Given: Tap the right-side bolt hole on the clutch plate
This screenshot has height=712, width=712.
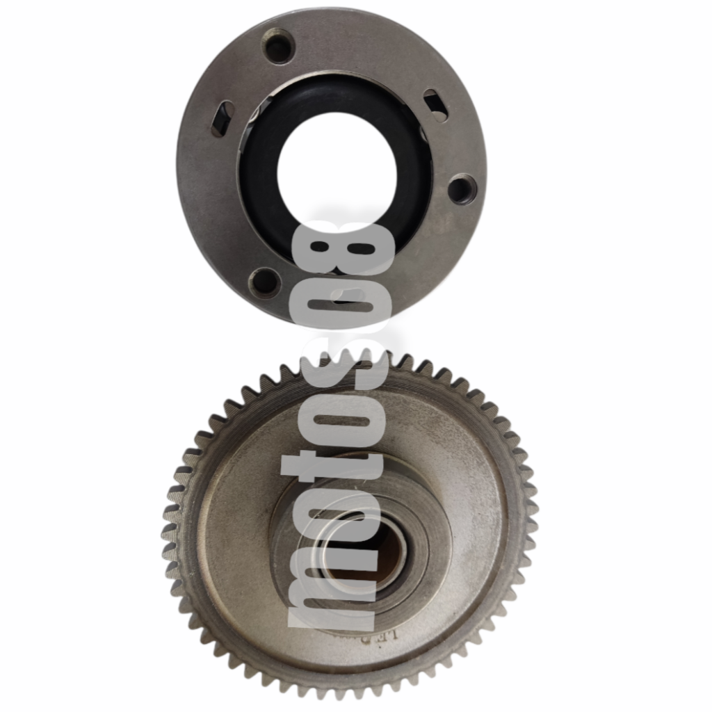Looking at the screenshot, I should [461, 188].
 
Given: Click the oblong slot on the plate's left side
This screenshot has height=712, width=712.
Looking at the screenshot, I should [224, 118].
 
